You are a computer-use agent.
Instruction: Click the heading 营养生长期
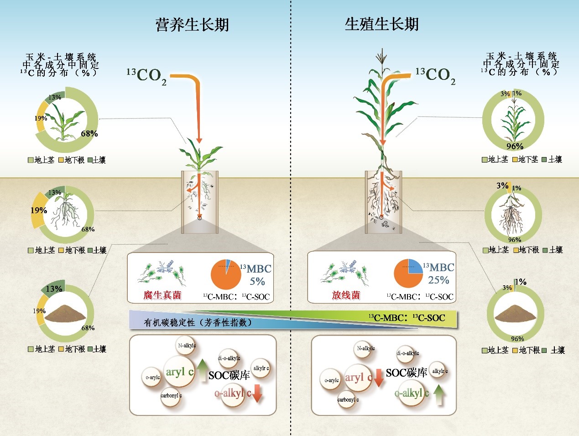click(x=192, y=25)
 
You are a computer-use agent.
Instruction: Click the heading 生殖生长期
click(x=381, y=24)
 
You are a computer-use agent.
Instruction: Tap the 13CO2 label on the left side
click(x=146, y=76)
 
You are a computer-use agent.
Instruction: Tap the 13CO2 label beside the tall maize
click(x=435, y=76)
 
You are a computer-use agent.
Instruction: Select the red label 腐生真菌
click(x=162, y=295)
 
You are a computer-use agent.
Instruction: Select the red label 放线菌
click(x=346, y=295)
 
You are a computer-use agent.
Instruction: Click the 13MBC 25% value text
click(x=439, y=273)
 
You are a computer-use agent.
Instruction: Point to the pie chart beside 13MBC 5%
click(x=226, y=274)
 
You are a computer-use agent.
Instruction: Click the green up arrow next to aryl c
click(x=203, y=371)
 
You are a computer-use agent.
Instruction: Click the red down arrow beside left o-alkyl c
click(x=257, y=393)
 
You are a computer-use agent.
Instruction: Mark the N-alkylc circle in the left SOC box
click(x=187, y=346)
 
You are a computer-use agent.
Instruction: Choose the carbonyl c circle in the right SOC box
click(x=348, y=400)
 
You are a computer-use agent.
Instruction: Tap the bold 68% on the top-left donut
click(x=89, y=134)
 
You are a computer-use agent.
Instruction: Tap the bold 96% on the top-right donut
click(x=515, y=147)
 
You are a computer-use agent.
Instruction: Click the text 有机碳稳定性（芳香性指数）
click(x=198, y=322)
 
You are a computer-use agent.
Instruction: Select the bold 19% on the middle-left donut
click(x=39, y=210)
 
